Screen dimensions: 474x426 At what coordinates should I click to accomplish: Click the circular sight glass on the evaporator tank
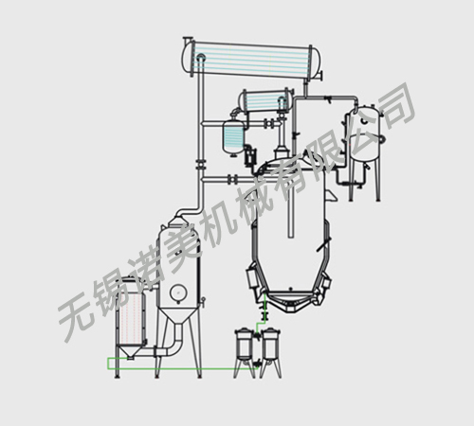point(177,293)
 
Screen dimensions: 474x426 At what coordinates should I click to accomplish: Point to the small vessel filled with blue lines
point(233,136)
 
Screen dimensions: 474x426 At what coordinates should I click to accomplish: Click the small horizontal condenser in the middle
point(266,100)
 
